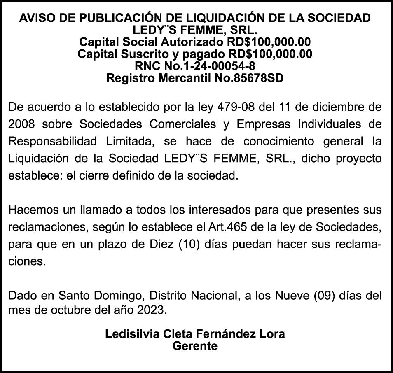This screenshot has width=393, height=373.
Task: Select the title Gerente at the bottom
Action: pyautogui.click(x=195, y=346)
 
